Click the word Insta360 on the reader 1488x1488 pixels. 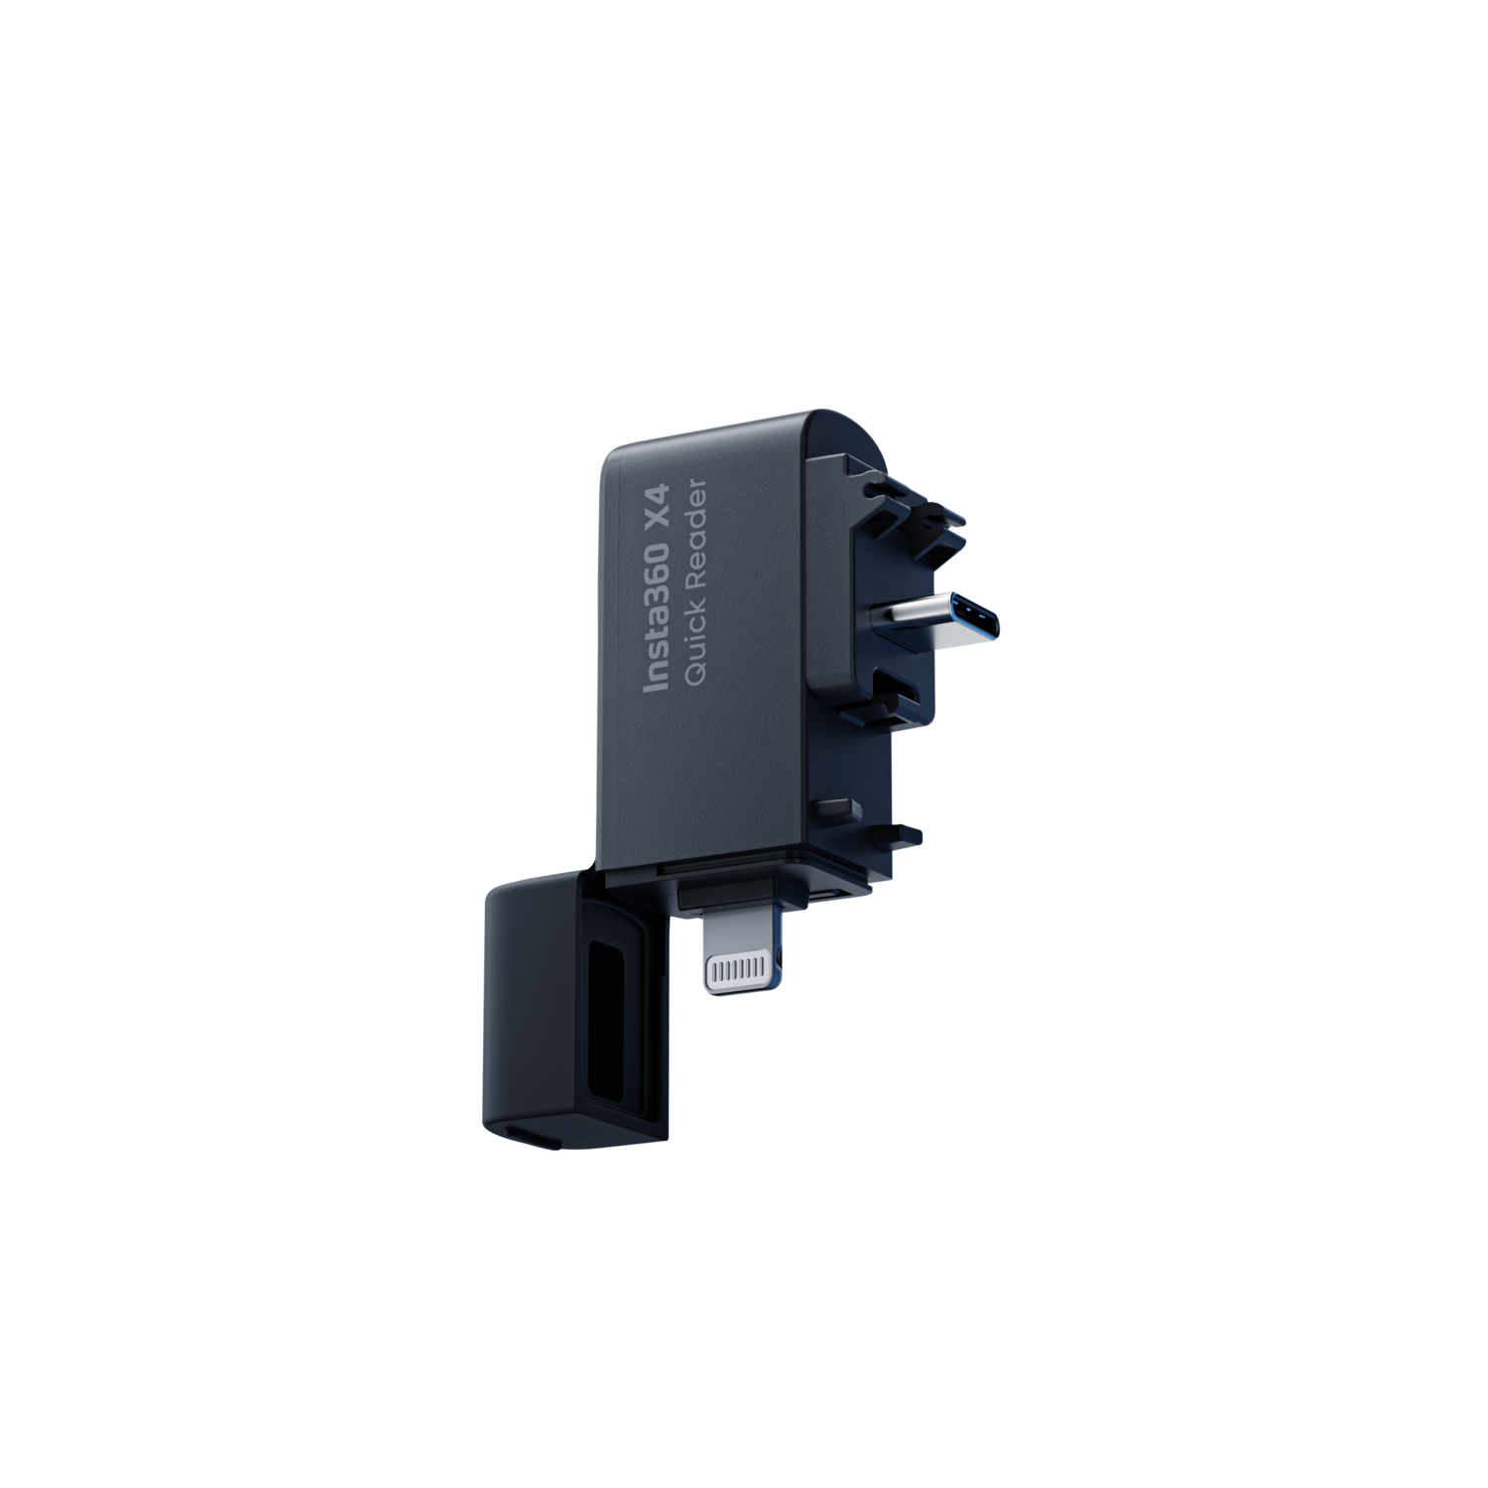click(657, 610)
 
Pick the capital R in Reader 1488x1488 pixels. click(696, 575)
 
